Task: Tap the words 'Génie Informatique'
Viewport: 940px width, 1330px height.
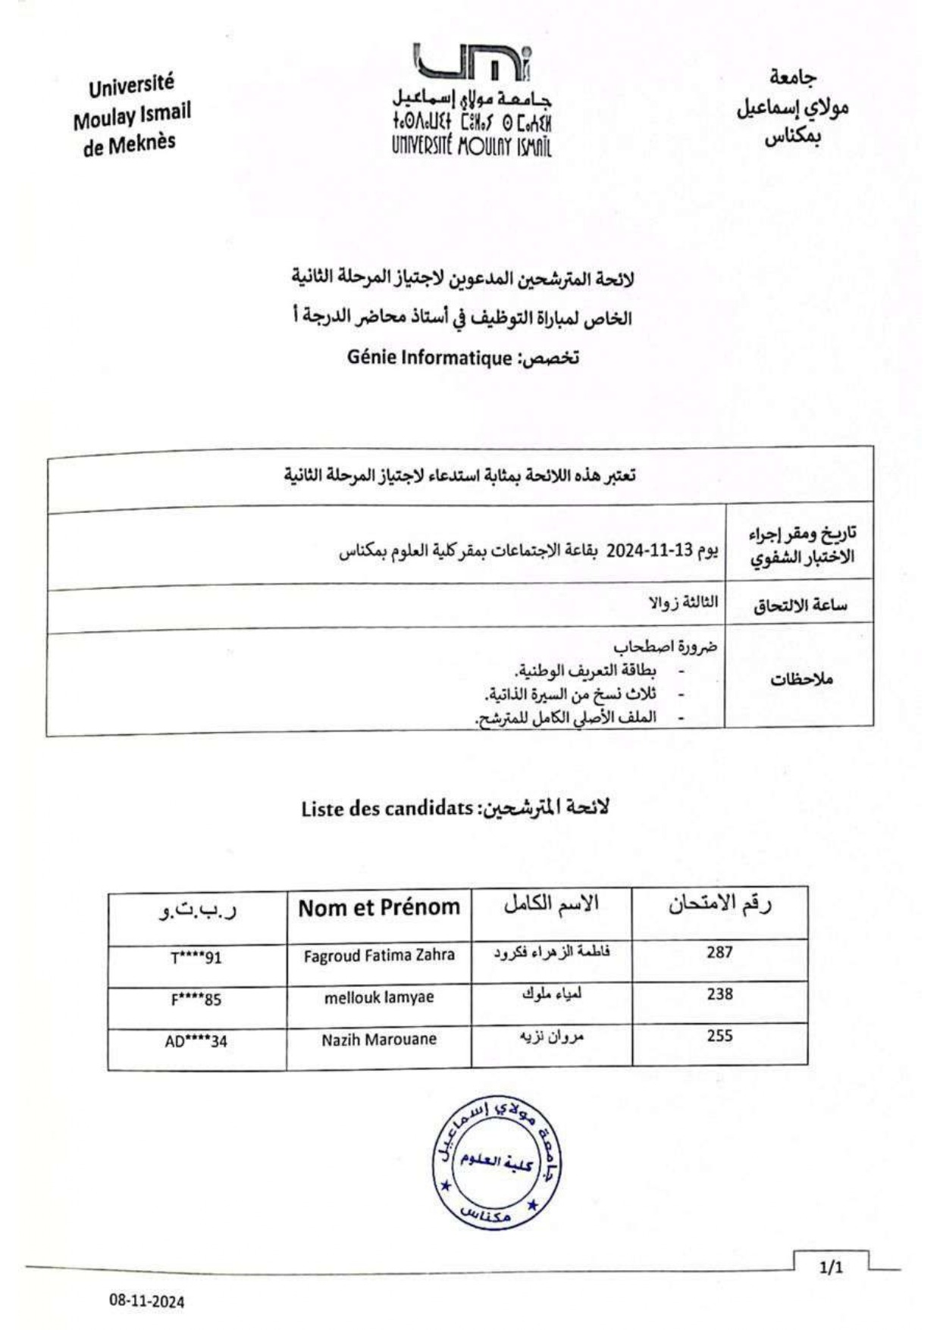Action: point(430,358)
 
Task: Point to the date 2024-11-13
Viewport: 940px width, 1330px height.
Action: point(650,551)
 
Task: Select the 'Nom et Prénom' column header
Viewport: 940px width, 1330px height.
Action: point(379,907)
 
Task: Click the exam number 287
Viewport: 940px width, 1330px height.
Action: point(719,952)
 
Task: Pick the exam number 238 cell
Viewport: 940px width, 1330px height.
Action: point(719,994)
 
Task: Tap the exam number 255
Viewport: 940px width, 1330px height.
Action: point(719,1035)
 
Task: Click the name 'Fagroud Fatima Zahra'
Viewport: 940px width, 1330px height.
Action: point(379,955)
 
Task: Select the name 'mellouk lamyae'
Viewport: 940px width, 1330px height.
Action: point(379,997)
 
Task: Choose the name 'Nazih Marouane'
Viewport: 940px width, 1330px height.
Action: point(379,1039)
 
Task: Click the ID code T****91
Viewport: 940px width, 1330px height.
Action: point(196,958)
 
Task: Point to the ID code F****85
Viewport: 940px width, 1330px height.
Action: point(196,1000)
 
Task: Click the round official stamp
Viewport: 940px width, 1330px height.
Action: point(497,1161)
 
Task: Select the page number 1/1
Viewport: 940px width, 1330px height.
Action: point(832,1267)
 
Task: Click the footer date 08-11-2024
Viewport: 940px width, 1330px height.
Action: point(146,1302)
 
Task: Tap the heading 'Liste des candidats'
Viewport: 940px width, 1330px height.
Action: point(387,809)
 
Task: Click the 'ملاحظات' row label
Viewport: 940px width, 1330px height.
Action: point(801,679)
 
